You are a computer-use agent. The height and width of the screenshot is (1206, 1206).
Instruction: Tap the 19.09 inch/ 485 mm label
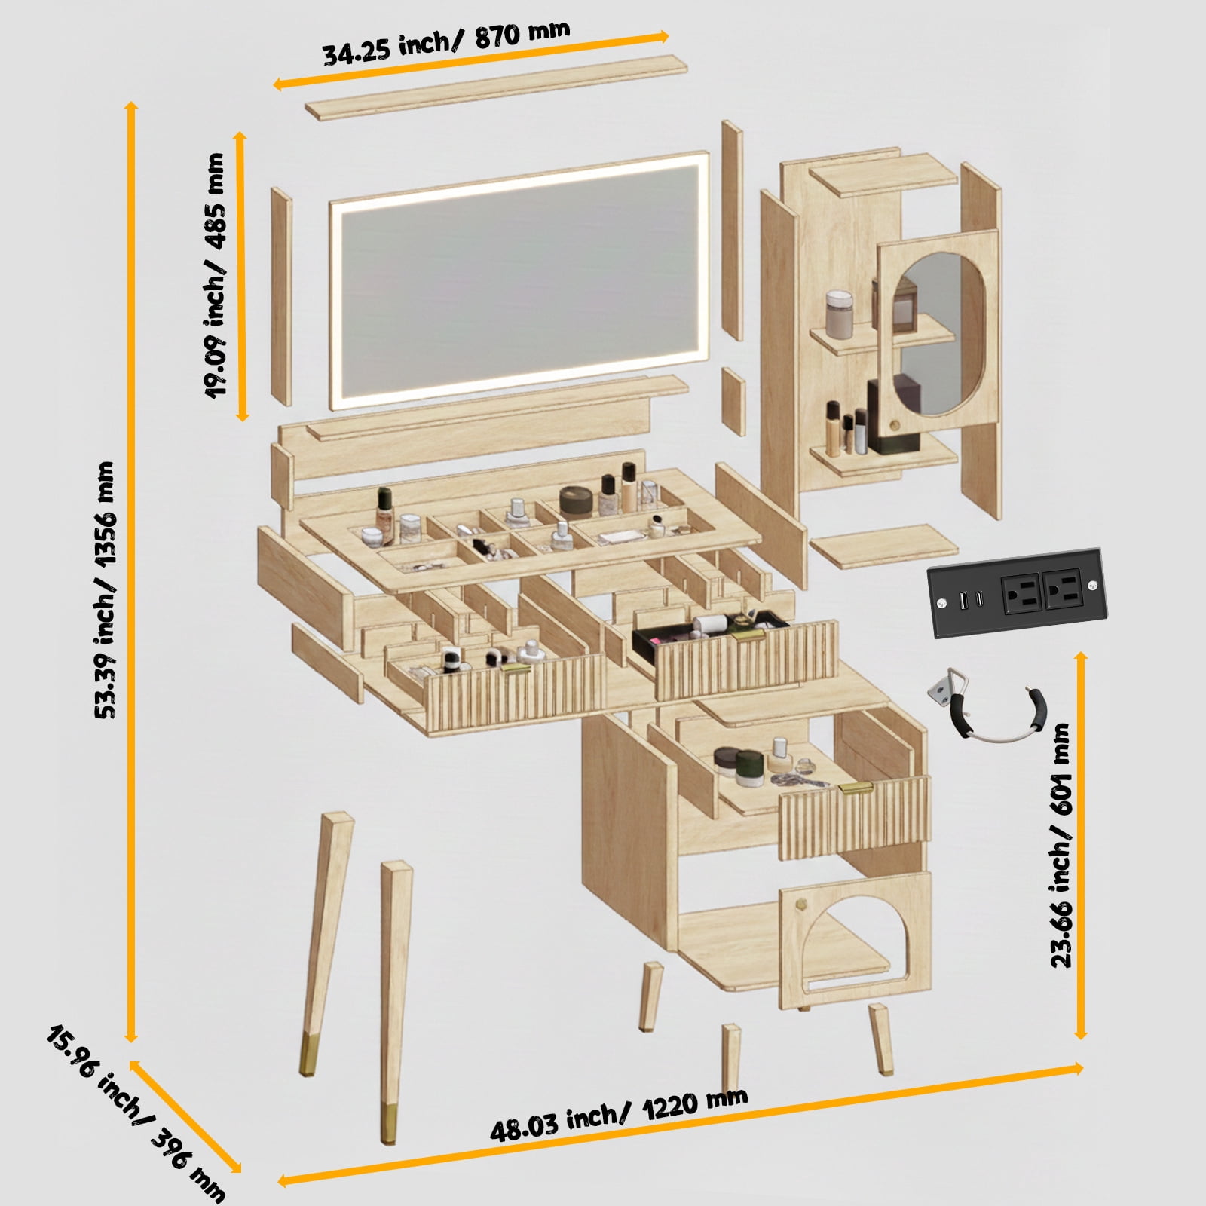[x=216, y=276]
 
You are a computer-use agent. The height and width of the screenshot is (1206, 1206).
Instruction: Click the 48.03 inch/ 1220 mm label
[x=619, y=1116]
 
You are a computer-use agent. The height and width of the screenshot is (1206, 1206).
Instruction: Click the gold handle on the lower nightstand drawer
[x=856, y=788]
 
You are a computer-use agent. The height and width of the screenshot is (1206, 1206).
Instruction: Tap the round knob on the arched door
[x=803, y=902]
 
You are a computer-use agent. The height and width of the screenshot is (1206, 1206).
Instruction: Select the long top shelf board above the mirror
[x=497, y=87]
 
